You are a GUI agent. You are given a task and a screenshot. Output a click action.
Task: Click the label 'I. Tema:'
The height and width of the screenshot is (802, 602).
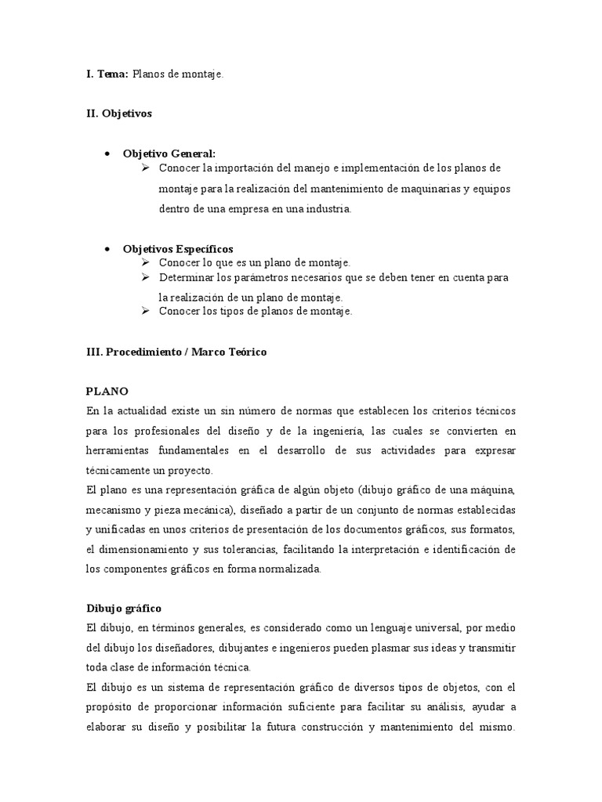point(107,74)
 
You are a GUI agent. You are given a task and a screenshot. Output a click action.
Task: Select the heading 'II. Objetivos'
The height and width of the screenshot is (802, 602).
point(119,114)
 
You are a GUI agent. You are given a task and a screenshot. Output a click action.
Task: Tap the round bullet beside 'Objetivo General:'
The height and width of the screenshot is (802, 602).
point(106,154)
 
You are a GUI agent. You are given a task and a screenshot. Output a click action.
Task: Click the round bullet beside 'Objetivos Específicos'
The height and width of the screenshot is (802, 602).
point(106,249)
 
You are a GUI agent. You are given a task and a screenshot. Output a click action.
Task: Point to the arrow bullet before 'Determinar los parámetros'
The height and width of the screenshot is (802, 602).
point(146,277)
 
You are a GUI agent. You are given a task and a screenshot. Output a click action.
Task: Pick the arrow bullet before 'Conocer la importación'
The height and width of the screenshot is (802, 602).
point(146,168)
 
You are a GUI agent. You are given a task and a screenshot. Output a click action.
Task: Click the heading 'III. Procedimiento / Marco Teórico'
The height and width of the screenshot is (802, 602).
point(176,352)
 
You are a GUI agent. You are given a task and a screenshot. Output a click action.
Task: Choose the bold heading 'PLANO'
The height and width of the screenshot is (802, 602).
point(107,391)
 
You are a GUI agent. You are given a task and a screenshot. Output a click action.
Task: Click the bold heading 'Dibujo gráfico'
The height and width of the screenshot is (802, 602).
point(123,608)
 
